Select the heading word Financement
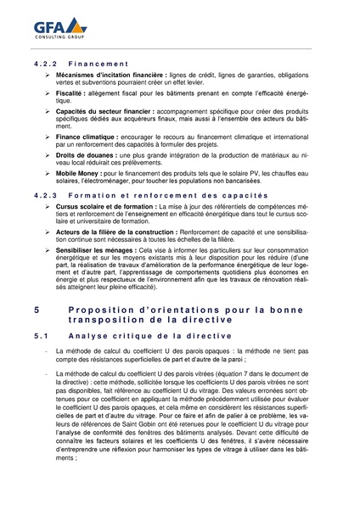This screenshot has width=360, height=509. tap(98, 64)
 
